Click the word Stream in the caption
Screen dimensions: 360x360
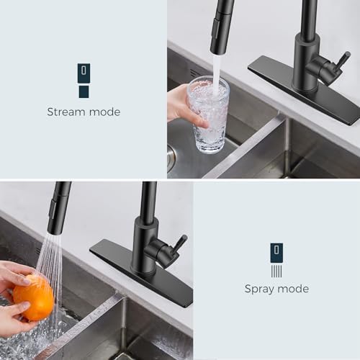coord(66,112)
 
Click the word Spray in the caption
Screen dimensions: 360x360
coord(261,289)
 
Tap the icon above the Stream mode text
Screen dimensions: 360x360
coord(84,80)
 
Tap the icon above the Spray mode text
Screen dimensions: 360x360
coord(276,259)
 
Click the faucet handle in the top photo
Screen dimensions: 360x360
coord(336,66)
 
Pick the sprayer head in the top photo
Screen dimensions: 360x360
coord(222,26)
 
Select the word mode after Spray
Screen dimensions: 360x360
coord(294,289)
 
